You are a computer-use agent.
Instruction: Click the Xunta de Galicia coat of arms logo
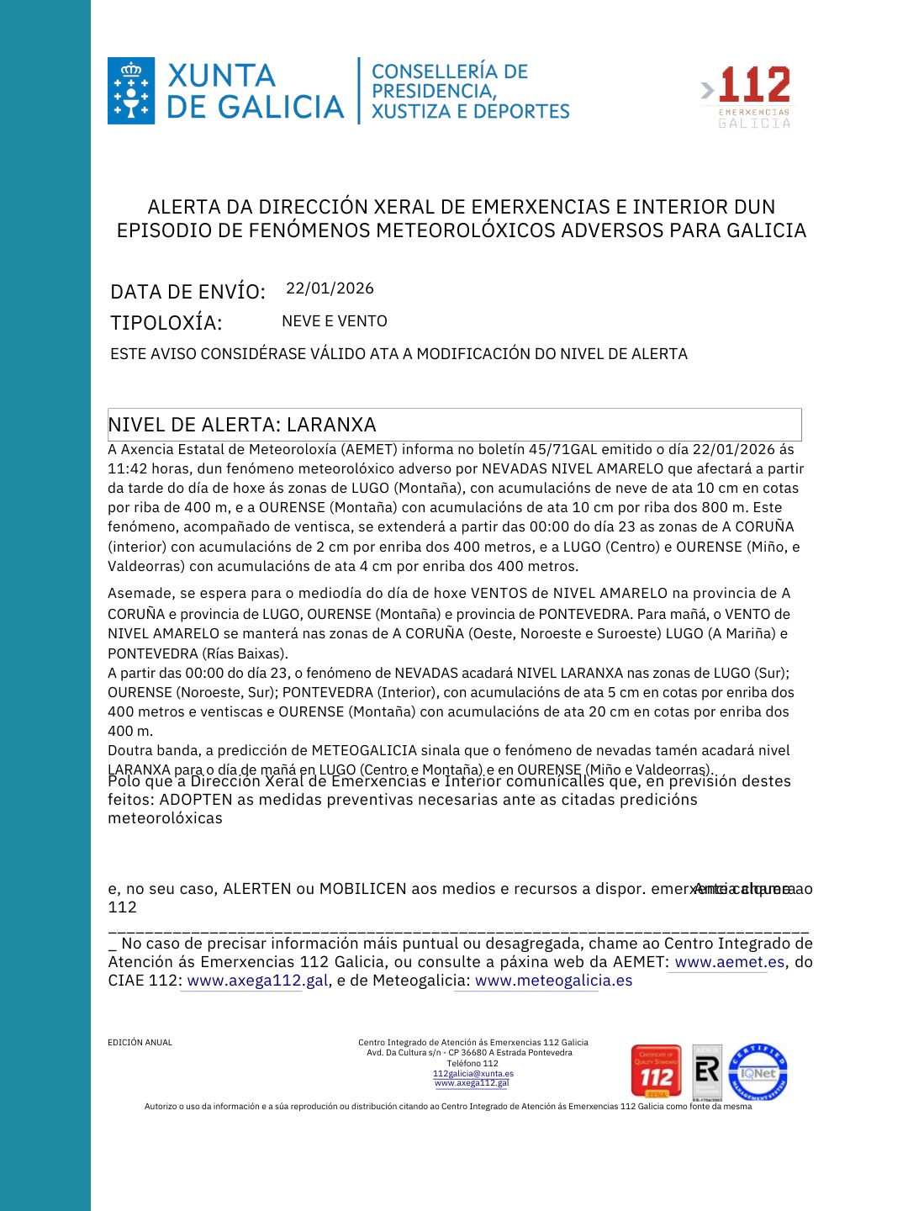(131, 91)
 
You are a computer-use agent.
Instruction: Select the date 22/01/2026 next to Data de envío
(330, 288)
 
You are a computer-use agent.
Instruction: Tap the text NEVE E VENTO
(335, 321)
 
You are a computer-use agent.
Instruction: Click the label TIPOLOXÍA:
(166, 323)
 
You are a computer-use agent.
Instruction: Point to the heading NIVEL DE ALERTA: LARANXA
(242, 425)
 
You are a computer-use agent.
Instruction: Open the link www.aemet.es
(730, 962)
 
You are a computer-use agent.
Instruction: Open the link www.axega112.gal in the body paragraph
(257, 981)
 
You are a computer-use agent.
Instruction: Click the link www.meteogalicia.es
(553, 981)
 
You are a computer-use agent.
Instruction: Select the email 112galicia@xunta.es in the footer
(472, 1074)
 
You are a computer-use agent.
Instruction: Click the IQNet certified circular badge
(758, 1072)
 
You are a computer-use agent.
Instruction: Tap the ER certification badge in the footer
(707, 1071)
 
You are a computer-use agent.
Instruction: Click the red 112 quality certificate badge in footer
(656, 1071)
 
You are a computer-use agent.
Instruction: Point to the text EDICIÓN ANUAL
(140, 1043)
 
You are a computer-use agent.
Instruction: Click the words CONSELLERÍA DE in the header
(450, 72)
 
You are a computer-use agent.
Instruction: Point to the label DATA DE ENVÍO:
(187, 292)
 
